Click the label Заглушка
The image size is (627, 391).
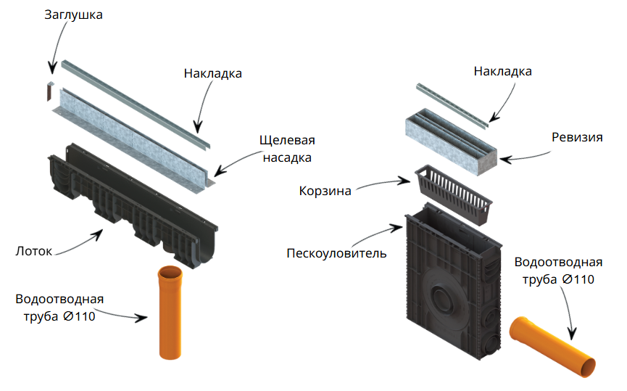click(x=73, y=15)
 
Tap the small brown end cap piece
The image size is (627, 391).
click(x=49, y=91)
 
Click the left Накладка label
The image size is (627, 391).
click(x=212, y=74)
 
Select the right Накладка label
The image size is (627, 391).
click(x=502, y=71)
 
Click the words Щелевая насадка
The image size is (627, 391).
click(x=287, y=149)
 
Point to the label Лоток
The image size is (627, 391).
click(x=33, y=251)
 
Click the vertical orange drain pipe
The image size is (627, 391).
click(x=170, y=312)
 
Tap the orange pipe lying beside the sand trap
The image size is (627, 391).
click(x=552, y=347)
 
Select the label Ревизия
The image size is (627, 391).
click(x=577, y=137)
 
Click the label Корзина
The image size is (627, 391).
click(x=325, y=191)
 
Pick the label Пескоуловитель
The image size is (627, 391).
click(x=336, y=253)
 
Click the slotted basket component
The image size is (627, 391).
click(x=454, y=194)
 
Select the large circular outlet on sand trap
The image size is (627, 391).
click(x=442, y=299)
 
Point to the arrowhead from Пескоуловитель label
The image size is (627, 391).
click(x=397, y=228)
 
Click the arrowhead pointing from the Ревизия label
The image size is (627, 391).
click(x=505, y=160)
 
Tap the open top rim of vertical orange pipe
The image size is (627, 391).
click(x=170, y=273)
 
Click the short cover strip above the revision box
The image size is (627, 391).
click(x=452, y=105)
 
